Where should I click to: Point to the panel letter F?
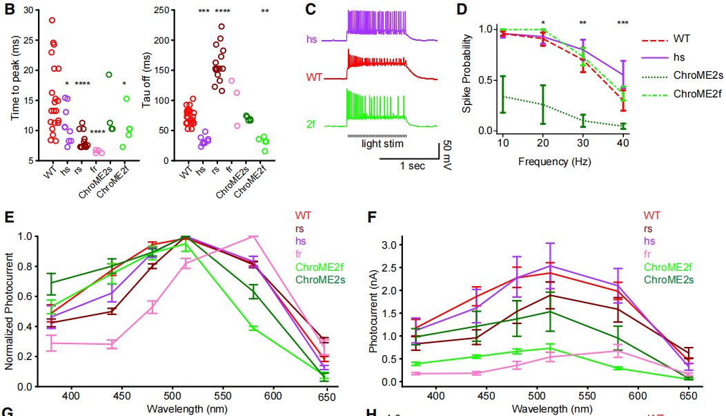371,219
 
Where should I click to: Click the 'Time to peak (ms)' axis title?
14,84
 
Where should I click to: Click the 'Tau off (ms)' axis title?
146,84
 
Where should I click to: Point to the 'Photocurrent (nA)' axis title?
373,311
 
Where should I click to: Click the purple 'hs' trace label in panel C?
314,41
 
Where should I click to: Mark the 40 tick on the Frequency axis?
622,142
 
